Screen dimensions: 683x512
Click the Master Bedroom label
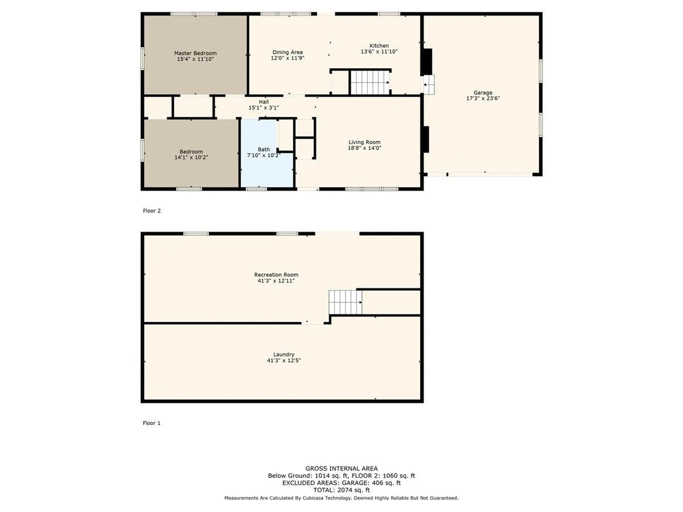tap(195, 53)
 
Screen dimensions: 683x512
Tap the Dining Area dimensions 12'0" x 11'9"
tap(287, 58)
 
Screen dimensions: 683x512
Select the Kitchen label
tap(379, 46)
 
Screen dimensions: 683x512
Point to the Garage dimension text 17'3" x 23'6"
tap(483, 98)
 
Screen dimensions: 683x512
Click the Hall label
tap(264, 102)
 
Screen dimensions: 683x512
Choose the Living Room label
tap(365, 142)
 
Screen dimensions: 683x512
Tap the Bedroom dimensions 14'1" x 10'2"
tap(191, 157)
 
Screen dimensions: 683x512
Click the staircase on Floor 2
tap(370, 82)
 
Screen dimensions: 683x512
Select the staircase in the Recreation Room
tap(345, 302)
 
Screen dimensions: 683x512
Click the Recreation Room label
tap(276, 274)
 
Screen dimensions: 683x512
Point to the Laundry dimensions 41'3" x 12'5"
tap(284, 360)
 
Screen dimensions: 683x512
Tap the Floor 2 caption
tap(152, 211)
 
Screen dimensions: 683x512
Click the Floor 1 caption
tap(152, 423)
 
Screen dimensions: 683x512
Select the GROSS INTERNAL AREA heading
tap(341, 469)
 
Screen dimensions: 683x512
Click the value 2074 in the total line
tap(345, 490)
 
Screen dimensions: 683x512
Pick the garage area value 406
tap(378, 483)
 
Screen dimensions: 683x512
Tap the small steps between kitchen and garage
tap(429, 85)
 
